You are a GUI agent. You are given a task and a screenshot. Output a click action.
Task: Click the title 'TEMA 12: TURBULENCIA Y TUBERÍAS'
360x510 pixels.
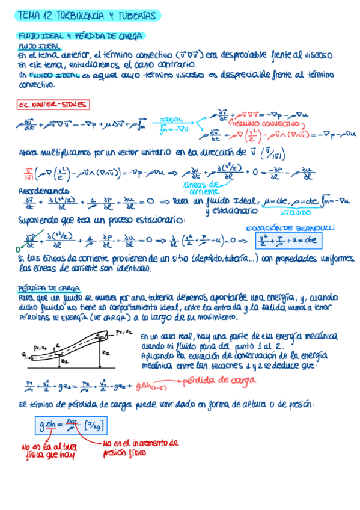click(x=87, y=15)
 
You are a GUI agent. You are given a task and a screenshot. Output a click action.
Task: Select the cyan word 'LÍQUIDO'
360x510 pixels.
click(x=297, y=212)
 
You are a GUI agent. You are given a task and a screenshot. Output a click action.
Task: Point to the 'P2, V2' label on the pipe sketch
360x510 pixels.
click(x=124, y=331)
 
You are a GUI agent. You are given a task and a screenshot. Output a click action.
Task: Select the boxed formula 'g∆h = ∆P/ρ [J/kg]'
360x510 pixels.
click(x=71, y=426)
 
